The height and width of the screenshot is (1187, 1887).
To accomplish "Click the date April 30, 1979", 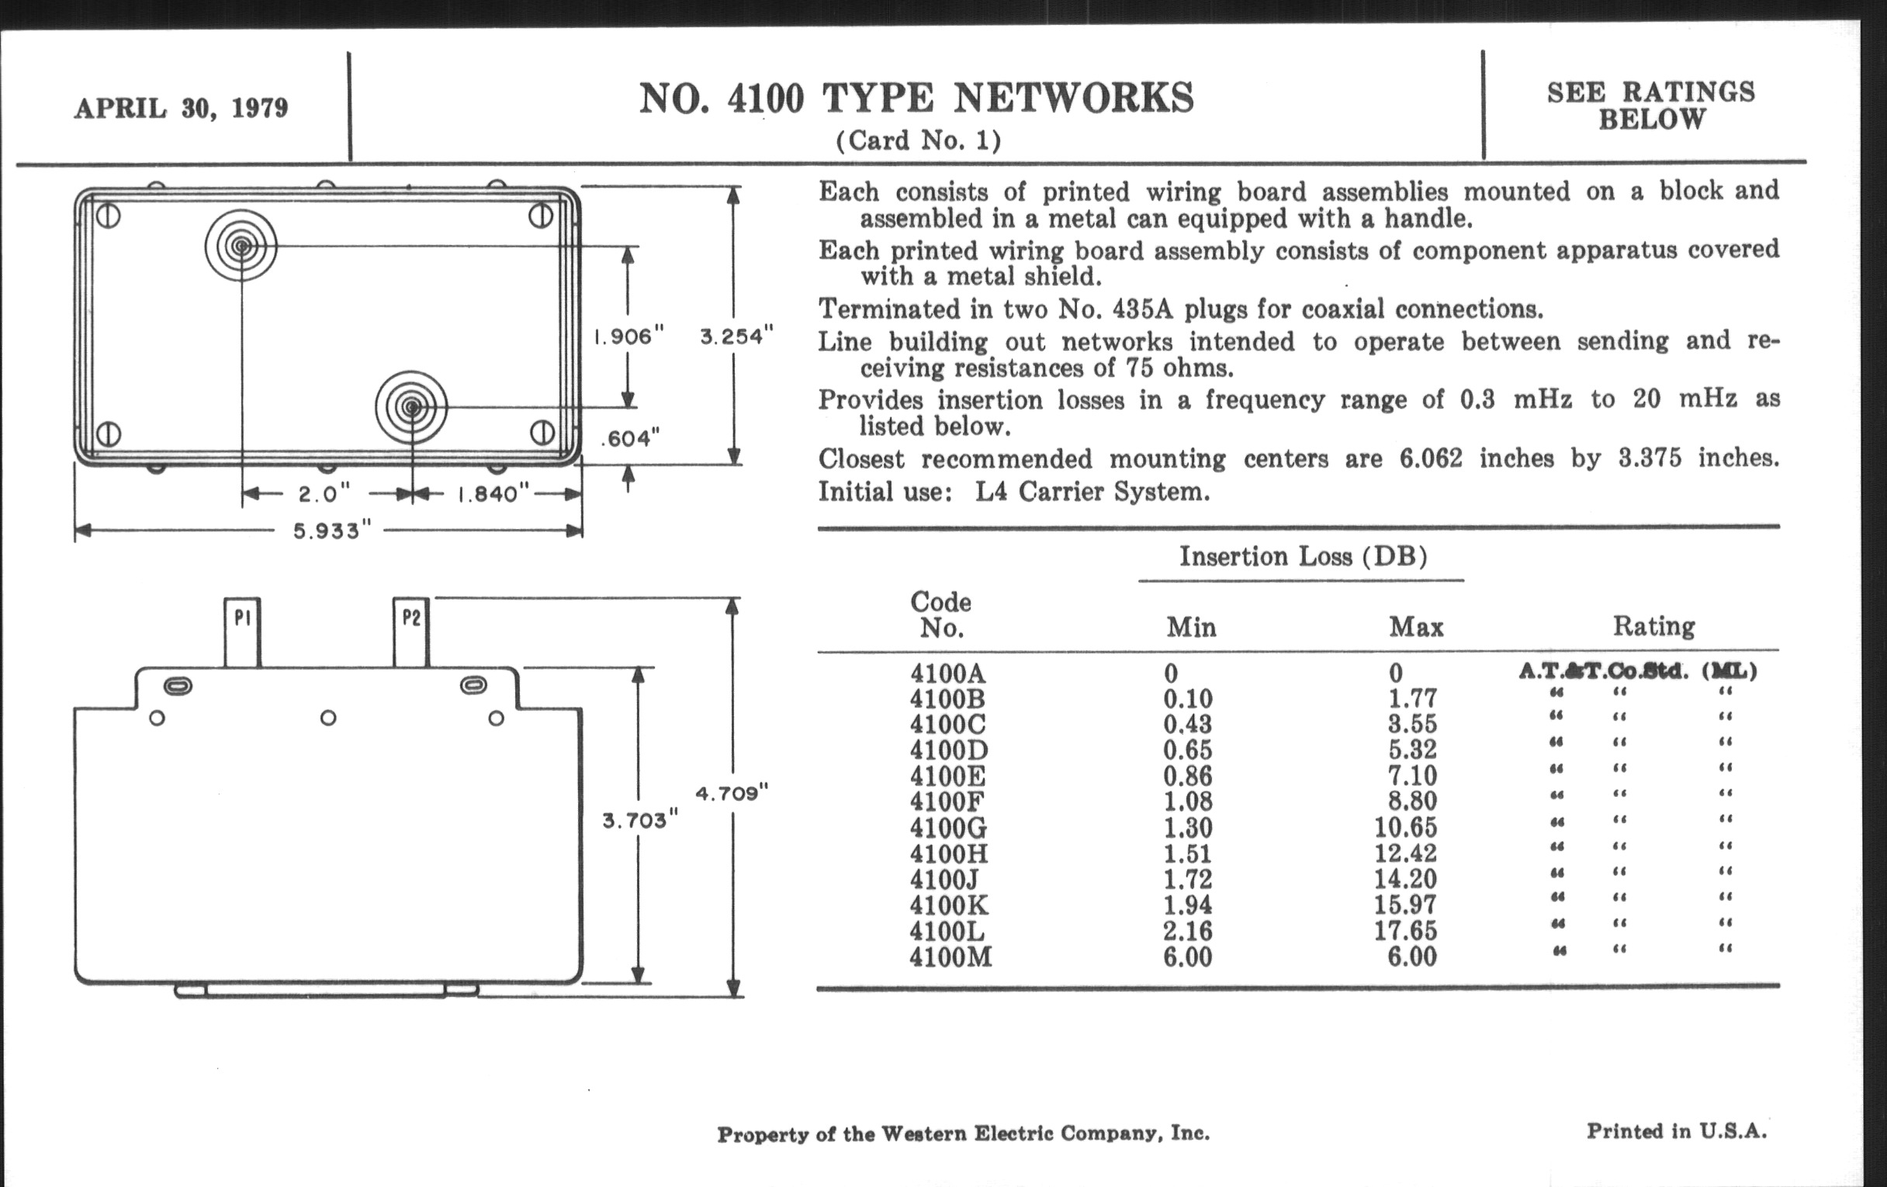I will pyautogui.click(x=181, y=107).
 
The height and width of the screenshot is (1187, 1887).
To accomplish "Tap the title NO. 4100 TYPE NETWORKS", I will pyautogui.click(x=916, y=99).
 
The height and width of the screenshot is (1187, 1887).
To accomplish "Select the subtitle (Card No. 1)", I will pyautogui.click(x=919, y=141).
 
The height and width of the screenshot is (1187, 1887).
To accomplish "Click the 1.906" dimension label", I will pyautogui.click(x=628, y=337).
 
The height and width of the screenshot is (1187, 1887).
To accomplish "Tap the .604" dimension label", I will pyautogui.click(x=630, y=439).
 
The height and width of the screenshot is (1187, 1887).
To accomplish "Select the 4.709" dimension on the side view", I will pyautogui.click(x=732, y=794).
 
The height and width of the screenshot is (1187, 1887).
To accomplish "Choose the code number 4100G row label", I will pyautogui.click(x=949, y=827).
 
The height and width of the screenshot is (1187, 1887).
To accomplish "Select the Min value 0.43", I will pyautogui.click(x=1187, y=724).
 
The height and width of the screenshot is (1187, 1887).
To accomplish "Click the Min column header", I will pyautogui.click(x=1191, y=627).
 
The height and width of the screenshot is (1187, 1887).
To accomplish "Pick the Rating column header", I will pyautogui.click(x=1653, y=626).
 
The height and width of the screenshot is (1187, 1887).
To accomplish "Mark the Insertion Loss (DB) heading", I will pyautogui.click(x=1303, y=556).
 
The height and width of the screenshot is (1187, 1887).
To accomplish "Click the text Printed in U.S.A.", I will pyautogui.click(x=1676, y=1131).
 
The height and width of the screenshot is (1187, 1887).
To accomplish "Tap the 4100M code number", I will pyautogui.click(x=950, y=957).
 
